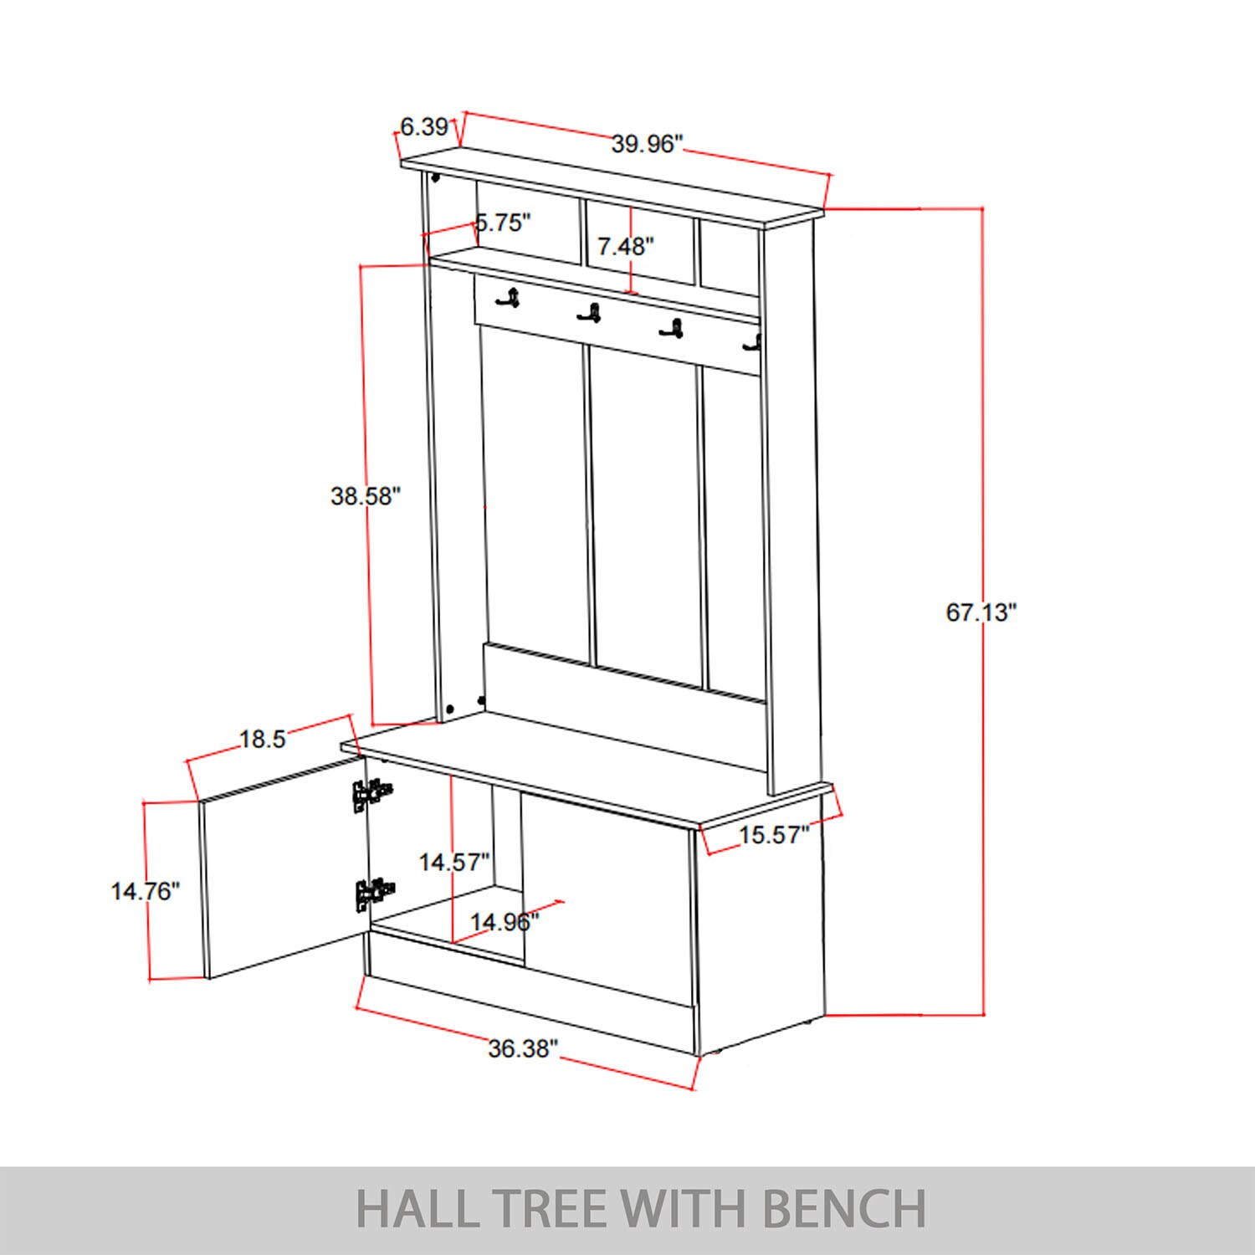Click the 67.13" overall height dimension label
point(981,612)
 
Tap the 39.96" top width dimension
point(647,144)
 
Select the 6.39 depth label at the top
point(424,127)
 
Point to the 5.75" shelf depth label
point(504,223)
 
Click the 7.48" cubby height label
point(625,246)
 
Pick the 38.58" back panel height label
point(366,496)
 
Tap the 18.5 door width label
point(263,739)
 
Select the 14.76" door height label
point(146,891)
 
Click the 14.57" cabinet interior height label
point(453,862)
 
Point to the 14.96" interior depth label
point(504,922)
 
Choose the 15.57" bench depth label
point(774,834)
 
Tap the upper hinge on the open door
point(371,795)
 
